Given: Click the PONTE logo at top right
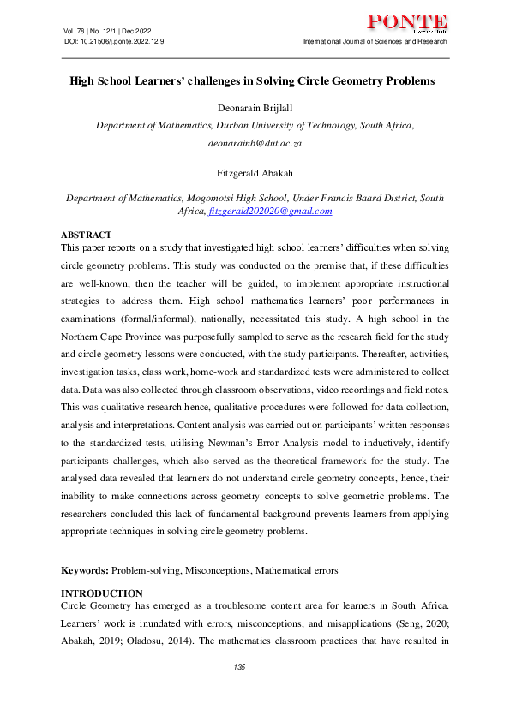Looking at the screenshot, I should coord(406,24).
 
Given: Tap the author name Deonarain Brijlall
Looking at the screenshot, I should coord(255,107).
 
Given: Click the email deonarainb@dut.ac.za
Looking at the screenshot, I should coord(255,146).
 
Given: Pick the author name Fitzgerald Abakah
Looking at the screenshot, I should coord(255,172).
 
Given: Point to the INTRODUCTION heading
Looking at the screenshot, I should coord(102,593).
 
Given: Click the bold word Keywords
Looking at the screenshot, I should coord(84,570).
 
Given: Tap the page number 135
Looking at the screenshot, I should coord(240,667).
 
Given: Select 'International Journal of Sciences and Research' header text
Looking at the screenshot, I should coord(375,41).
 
